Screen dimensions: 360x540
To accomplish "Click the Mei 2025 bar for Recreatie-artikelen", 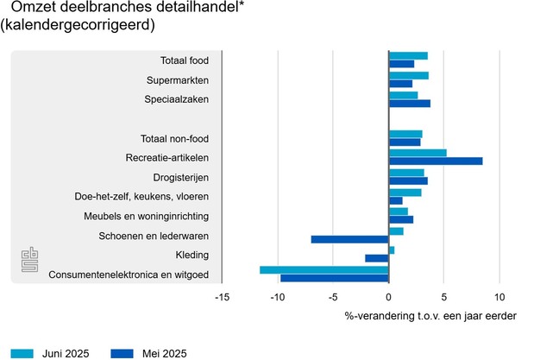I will click(436, 161).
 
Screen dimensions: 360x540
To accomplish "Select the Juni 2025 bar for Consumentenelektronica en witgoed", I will click(324, 270).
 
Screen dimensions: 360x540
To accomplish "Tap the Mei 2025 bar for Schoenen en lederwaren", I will click(350, 239).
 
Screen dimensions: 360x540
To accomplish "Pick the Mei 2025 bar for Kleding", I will click(377, 258).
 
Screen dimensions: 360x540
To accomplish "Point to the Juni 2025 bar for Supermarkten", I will click(409, 76).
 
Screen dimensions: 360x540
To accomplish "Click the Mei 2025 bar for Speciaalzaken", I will click(410, 104).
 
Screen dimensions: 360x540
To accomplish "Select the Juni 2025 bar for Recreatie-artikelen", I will click(418, 153).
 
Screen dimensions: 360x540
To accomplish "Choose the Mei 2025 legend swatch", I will click(124, 352).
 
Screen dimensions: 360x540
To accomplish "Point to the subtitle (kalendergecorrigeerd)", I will click(78, 26).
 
